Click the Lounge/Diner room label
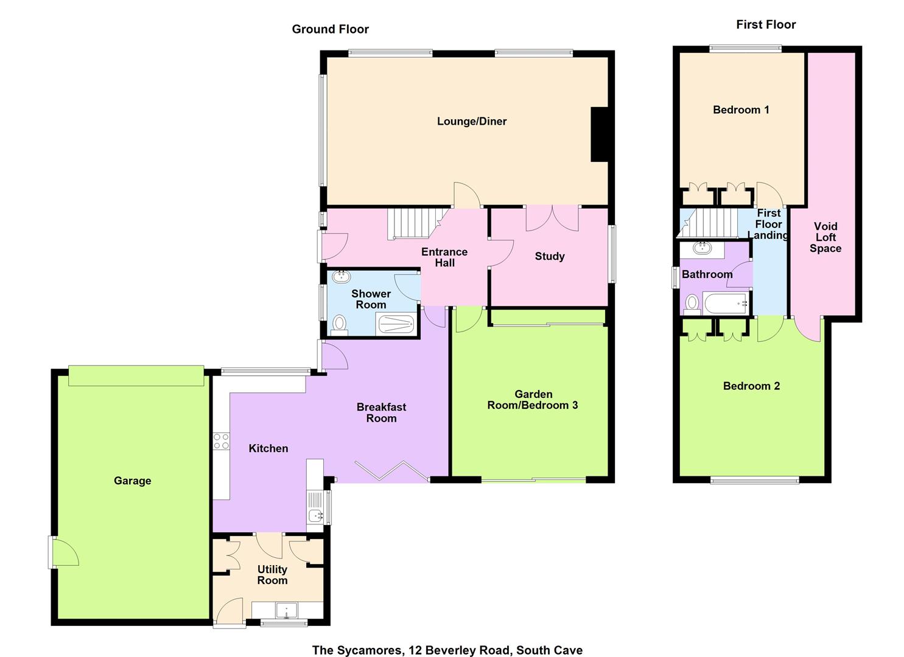[472, 122]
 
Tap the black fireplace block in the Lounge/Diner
[600, 134]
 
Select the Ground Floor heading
[330, 29]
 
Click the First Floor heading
[766, 24]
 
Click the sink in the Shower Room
[342, 277]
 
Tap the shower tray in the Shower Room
[396, 324]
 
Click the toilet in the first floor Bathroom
[692, 303]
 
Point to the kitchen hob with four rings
[222, 441]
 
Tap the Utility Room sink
[286, 610]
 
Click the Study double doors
[552, 218]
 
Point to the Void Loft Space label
[825, 237]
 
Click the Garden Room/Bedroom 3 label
[533, 400]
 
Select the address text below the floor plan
[447, 650]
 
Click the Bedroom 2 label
[751, 386]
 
